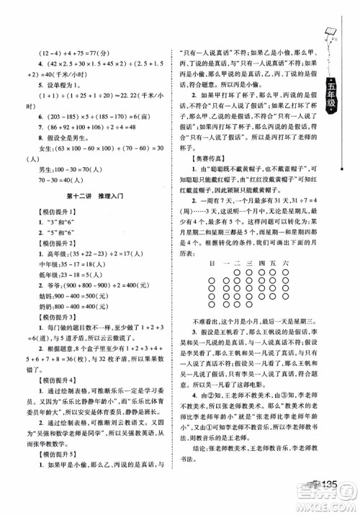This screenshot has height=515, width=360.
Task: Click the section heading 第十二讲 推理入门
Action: click(x=98, y=188)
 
